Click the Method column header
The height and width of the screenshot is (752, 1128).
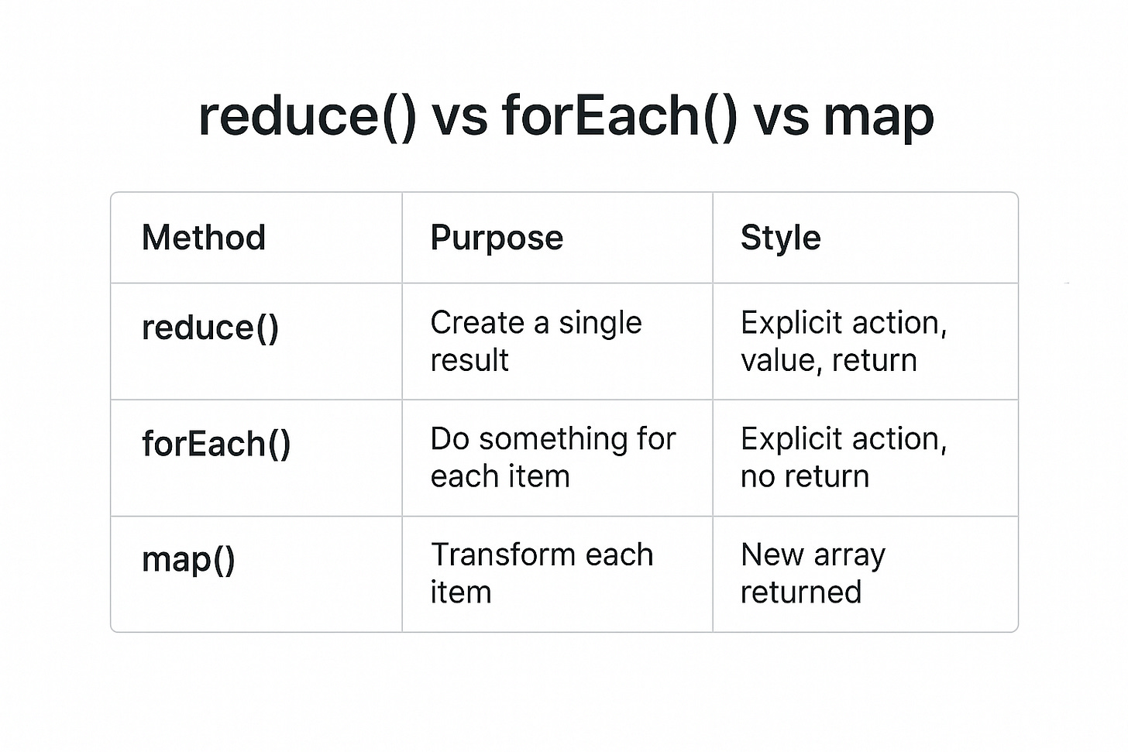(x=204, y=238)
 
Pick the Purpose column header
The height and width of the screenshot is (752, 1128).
(x=497, y=238)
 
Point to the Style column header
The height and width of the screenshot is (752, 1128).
(x=780, y=238)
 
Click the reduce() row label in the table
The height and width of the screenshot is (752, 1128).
(x=210, y=328)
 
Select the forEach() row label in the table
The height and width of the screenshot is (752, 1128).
(x=216, y=444)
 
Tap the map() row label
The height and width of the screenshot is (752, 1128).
(x=188, y=559)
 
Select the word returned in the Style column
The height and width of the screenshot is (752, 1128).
(x=800, y=592)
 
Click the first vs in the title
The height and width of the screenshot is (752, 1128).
(x=459, y=116)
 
